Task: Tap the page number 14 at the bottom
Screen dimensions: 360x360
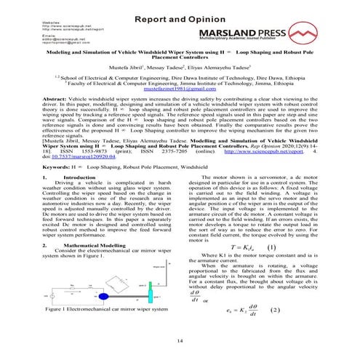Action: point(180,341)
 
